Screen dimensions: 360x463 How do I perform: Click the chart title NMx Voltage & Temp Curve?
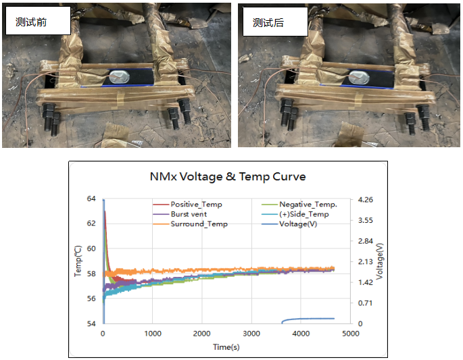point(227,176)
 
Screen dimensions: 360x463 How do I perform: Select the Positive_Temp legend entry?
point(196,204)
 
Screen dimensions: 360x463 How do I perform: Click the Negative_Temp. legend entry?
point(308,204)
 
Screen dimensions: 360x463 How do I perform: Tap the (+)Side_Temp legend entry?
point(303,214)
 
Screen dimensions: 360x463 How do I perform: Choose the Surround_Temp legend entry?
point(199,224)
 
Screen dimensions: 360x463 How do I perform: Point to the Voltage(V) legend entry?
point(298,224)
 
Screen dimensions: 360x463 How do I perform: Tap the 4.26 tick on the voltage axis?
point(365,199)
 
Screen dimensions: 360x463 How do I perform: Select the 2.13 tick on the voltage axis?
point(365,261)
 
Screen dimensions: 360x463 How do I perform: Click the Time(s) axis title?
point(226,347)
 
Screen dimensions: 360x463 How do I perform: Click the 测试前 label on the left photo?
point(30,22)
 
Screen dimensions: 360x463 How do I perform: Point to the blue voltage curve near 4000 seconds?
point(301,319)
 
